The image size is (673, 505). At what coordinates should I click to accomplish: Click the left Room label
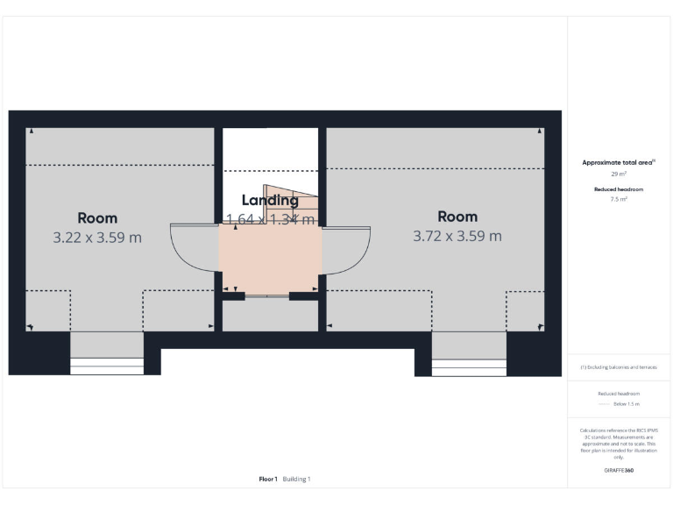point(96,218)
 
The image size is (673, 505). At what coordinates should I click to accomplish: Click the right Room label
point(457,217)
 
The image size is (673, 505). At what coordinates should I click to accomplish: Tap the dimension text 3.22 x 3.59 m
point(96,237)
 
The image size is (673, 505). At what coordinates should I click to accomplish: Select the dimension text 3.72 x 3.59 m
point(457,236)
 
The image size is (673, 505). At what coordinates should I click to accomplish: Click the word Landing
point(270,201)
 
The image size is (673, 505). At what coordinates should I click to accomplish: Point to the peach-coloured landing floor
point(270,259)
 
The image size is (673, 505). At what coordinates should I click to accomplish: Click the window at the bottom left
point(106,366)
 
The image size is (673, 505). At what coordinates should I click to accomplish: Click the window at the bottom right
point(469,367)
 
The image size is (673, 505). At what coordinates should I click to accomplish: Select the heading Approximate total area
point(618,163)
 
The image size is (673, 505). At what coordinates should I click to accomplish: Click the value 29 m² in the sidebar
point(619,174)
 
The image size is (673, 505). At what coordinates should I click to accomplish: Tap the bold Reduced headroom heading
point(619,189)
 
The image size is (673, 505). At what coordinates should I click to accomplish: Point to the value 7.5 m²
point(619,200)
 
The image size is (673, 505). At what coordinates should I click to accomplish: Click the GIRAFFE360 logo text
point(619,471)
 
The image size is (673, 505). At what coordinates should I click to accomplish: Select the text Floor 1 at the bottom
point(268,480)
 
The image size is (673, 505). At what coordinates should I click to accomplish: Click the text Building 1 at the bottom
point(296,480)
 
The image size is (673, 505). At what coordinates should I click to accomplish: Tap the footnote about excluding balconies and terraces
point(619,367)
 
